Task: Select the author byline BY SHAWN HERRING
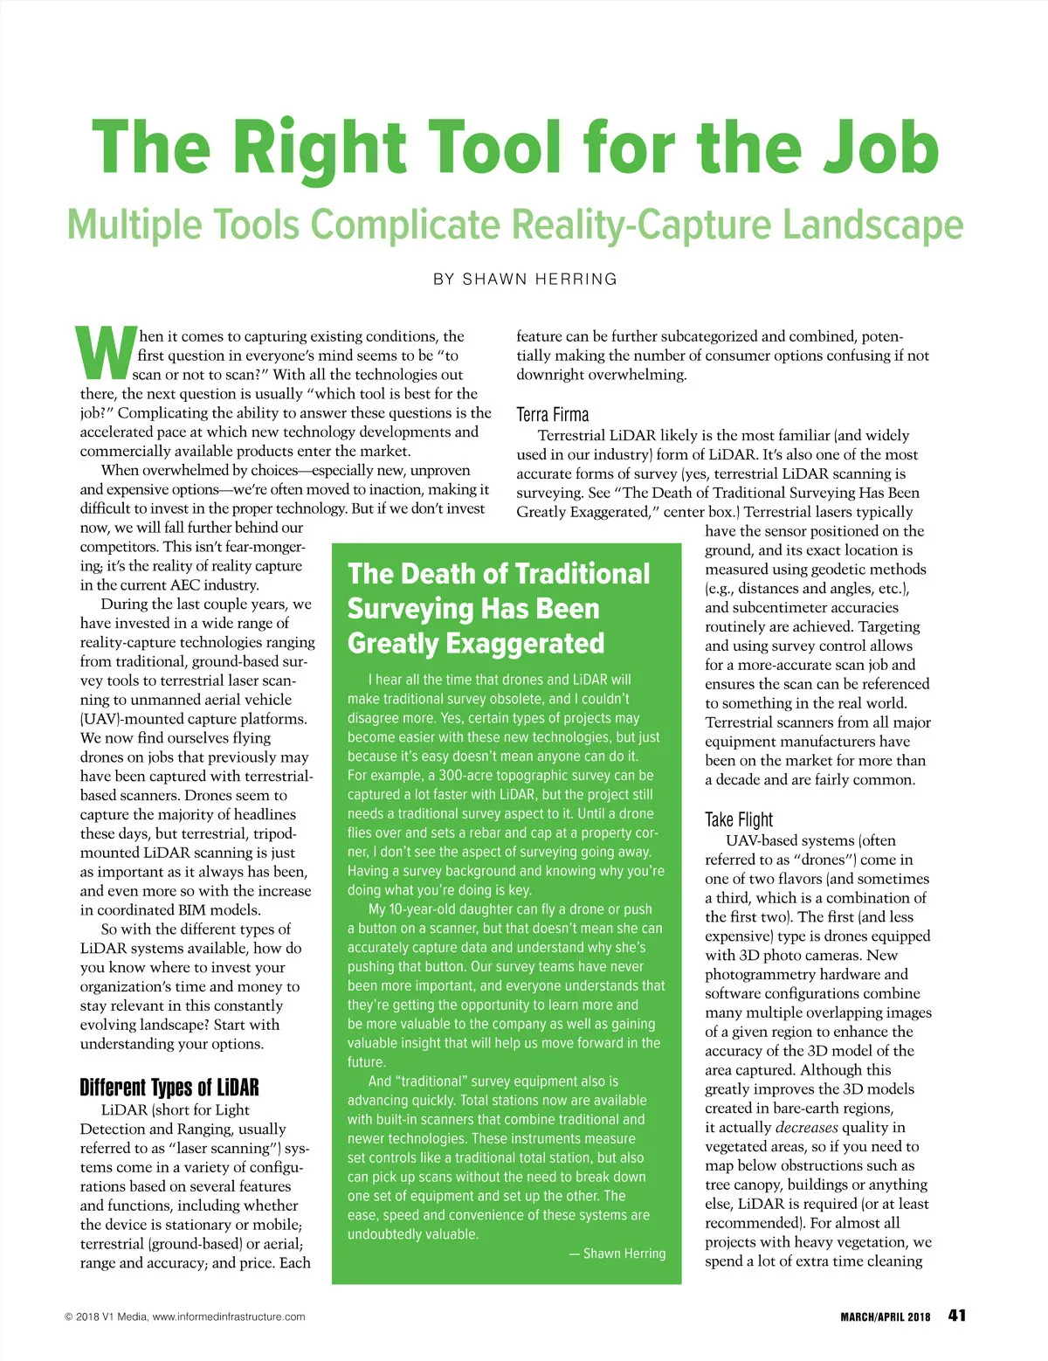525,280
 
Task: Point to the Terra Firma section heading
553,414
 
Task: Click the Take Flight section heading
739,819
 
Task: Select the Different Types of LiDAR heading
169,1088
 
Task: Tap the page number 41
956,1316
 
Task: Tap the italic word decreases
807,1127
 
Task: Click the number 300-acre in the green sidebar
472,776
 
